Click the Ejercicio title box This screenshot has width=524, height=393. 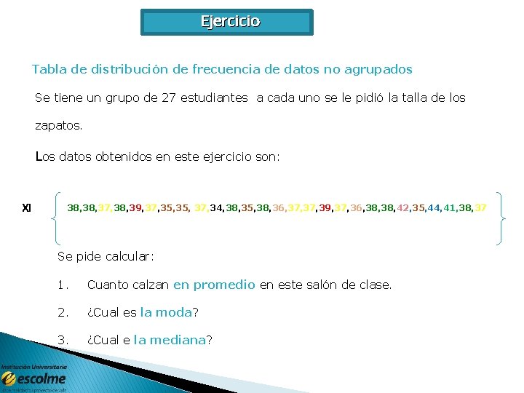[x=226, y=22]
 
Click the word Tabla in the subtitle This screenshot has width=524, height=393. [x=49, y=70]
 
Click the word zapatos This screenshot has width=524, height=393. [x=58, y=125]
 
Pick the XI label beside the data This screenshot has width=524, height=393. [x=27, y=208]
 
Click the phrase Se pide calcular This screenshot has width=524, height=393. [x=106, y=256]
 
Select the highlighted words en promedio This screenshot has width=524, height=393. [x=214, y=285]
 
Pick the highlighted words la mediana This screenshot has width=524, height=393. [x=170, y=340]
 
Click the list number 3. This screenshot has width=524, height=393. [x=63, y=340]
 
